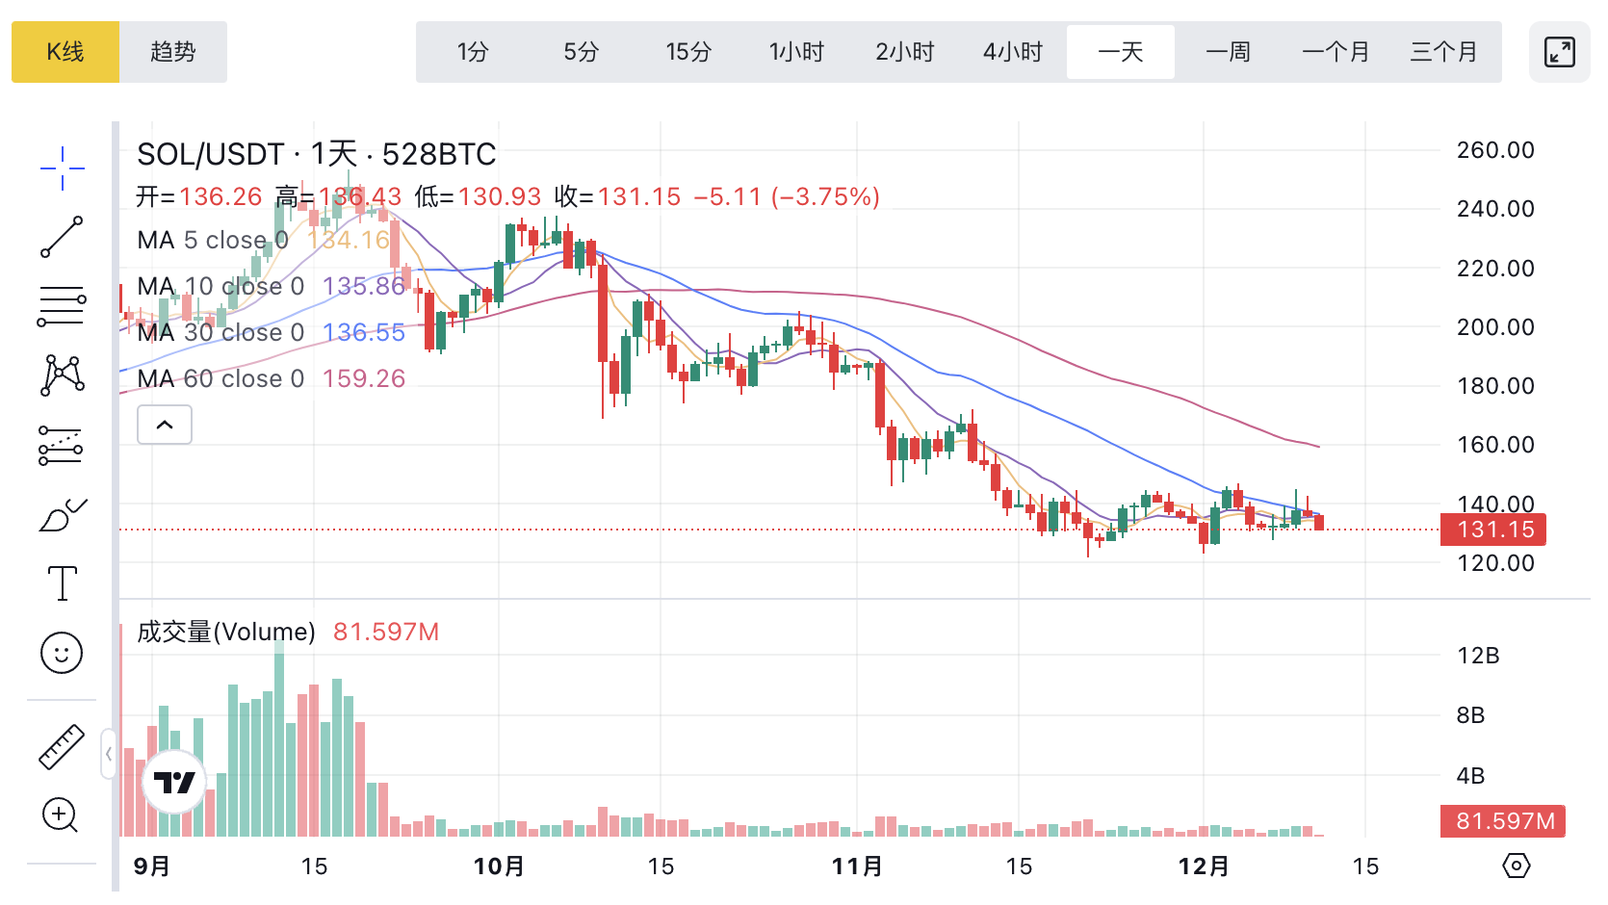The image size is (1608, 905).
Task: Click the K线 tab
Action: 65,52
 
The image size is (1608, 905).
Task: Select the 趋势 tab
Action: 173,52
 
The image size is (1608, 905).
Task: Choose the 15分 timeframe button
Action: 688,52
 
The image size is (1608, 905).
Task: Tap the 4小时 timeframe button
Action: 1013,52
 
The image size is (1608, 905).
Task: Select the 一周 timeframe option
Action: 1229,52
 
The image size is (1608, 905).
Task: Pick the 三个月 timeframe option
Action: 1443,52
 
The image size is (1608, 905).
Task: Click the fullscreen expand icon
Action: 1560,52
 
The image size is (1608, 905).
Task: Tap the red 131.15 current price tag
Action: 1493,530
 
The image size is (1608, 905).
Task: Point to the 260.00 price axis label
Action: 1495,150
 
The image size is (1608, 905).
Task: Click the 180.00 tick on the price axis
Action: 1495,386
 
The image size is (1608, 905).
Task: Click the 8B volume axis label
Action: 1470,715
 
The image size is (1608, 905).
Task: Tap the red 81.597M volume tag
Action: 1503,821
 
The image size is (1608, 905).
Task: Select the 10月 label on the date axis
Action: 499,866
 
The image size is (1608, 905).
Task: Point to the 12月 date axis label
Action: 1204,866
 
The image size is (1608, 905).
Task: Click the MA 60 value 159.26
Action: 364,378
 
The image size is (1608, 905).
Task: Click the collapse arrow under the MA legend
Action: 165,425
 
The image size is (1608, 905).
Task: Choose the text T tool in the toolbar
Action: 63,583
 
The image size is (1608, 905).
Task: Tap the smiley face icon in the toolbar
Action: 62,654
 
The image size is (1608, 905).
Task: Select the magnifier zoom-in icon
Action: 60,815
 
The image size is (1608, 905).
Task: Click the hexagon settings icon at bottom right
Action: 1517,866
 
